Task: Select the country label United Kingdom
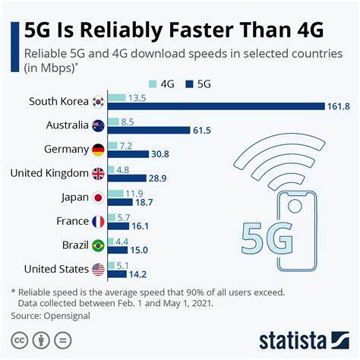point(50,173)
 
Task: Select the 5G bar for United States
point(118,275)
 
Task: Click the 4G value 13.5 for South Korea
point(137,97)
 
